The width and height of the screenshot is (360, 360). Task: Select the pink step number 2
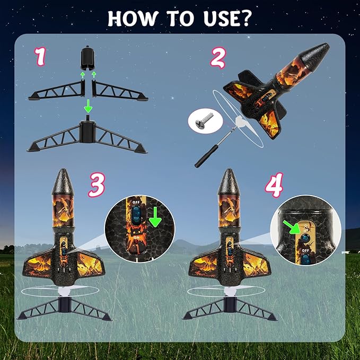point(218,56)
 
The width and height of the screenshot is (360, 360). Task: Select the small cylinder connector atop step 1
point(87,58)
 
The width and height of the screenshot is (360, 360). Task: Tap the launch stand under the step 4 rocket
point(230,309)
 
